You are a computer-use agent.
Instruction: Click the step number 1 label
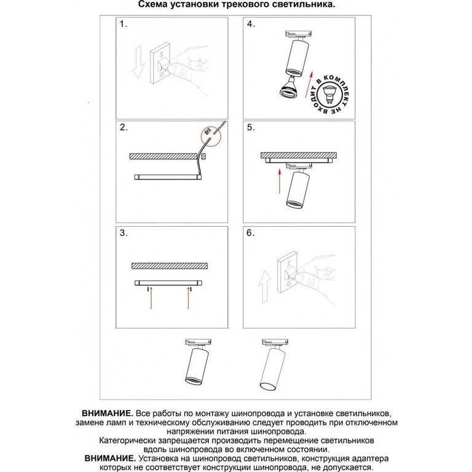pyautogui.click(x=124, y=24)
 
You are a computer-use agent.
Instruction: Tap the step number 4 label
pyautogui.click(x=251, y=24)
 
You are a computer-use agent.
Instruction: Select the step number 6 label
pyautogui.click(x=251, y=233)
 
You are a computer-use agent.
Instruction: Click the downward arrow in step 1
pyautogui.click(x=138, y=62)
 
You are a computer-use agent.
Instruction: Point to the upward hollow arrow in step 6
pyautogui.click(x=265, y=286)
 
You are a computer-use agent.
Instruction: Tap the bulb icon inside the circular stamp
pyautogui.click(x=329, y=94)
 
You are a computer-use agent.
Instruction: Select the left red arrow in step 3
pyautogui.click(x=151, y=298)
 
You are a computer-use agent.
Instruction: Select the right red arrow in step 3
pyautogui.click(x=189, y=298)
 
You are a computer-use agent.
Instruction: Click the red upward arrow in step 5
pyautogui.click(x=280, y=181)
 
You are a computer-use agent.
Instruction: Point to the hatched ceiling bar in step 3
pyautogui.click(x=170, y=265)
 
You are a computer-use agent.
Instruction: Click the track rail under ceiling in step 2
pyautogui.click(x=168, y=177)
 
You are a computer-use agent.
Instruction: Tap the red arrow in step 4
pyautogui.click(x=310, y=85)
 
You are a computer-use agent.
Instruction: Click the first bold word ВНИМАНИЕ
pyautogui.click(x=108, y=413)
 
